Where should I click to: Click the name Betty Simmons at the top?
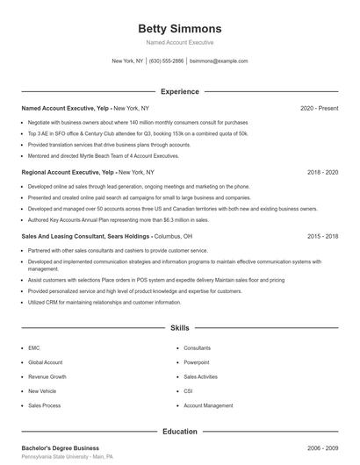[179, 29]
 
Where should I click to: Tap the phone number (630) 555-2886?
[166, 61]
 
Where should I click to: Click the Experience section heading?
[179, 91]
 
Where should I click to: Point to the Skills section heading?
[179, 328]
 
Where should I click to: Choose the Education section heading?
[179, 431]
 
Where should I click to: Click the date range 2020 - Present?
[319, 108]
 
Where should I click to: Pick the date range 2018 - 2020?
[322, 172]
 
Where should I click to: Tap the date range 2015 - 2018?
[322, 237]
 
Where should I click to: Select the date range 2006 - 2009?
[322, 447]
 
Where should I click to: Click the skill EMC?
[34, 347]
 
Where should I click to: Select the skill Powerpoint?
[197, 361]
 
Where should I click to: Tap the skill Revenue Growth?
[47, 376]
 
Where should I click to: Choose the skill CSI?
[188, 391]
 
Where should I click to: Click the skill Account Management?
[208, 406]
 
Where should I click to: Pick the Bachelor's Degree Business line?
[60, 447]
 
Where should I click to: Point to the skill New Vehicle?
[42, 391]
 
